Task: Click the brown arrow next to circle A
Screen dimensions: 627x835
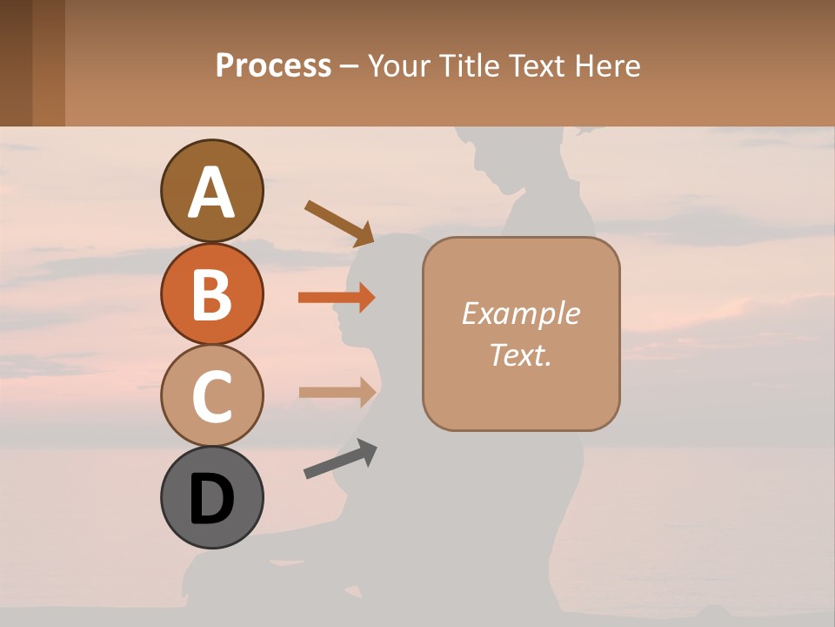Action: click(x=339, y=223)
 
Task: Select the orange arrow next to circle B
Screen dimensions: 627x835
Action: click(x=337, y=298)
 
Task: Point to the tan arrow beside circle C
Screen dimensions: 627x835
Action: click(x=337, y=392)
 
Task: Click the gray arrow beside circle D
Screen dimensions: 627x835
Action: click(x=340, y=459)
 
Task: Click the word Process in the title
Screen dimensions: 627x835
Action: click(x=273, y=66)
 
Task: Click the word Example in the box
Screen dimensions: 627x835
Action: click(x=521, y=313)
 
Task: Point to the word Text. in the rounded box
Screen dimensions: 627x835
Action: click(x=521, y=354)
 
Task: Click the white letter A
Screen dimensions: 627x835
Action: click(x=211, y=192)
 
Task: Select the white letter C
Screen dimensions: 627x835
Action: click(x=211, y=397)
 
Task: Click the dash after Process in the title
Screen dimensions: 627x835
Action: click(x=350, y=67)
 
